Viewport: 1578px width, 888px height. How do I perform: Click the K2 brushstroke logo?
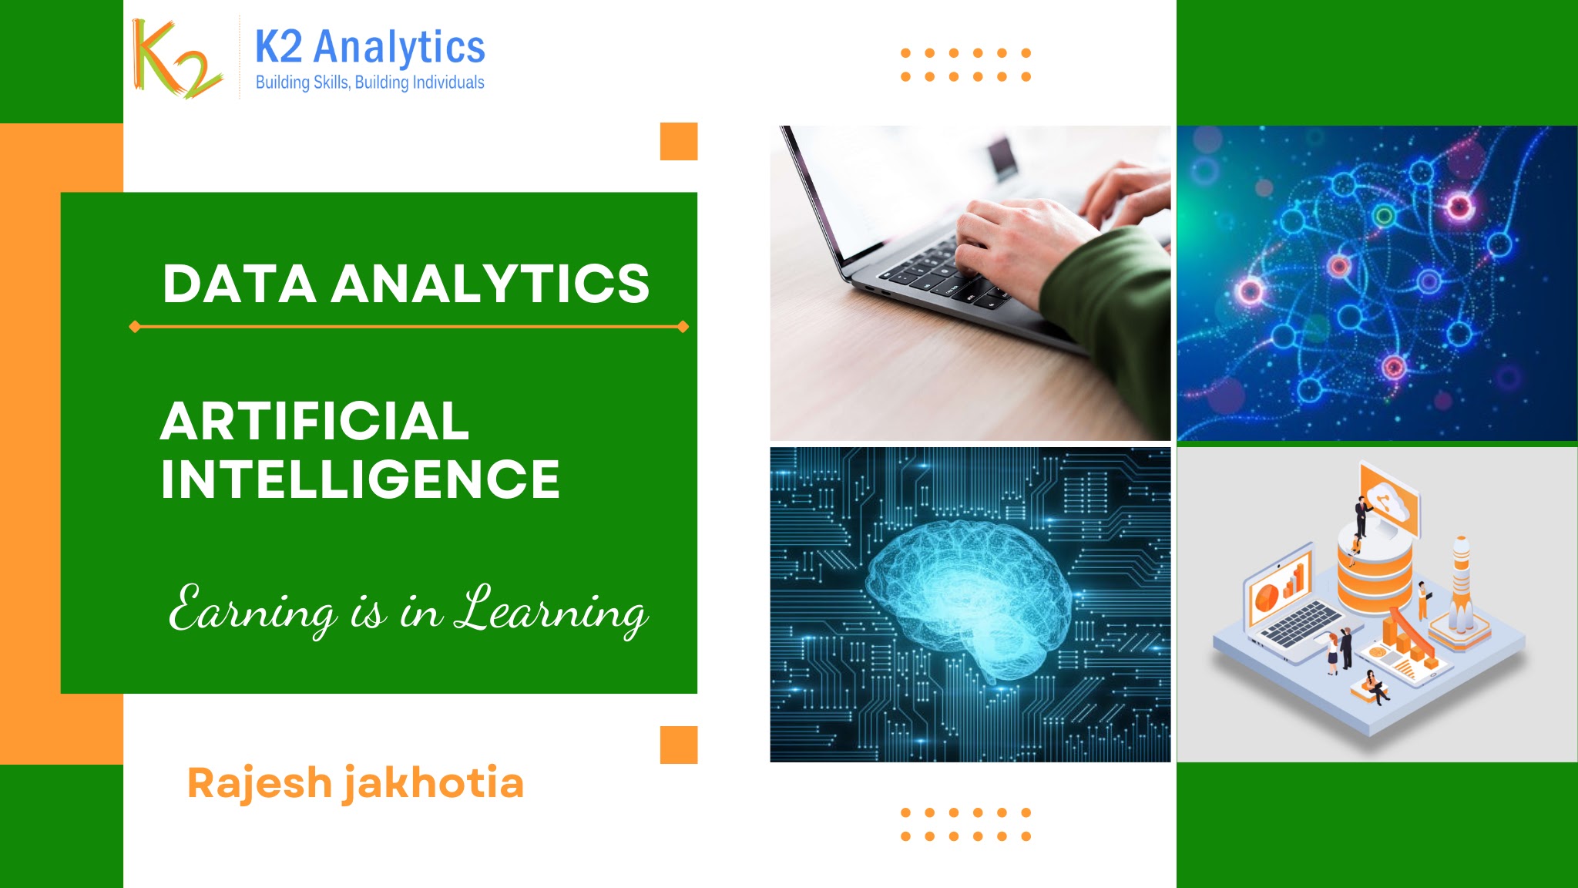(177, 59)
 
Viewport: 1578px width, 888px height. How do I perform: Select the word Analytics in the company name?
(400, 47)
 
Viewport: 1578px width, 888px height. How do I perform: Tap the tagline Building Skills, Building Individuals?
(370, 82)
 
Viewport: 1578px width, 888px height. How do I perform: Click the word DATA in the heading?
(240, 284)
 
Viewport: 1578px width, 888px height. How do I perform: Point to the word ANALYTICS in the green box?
(491, 284)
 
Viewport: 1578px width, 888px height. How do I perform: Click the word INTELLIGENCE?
(360, 479)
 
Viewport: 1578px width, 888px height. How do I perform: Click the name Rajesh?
(260, 783)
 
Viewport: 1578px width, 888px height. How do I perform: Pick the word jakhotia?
(434, 784)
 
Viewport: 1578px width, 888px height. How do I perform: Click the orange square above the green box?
(679, 141)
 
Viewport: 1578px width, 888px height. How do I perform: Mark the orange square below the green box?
(679, 745)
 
